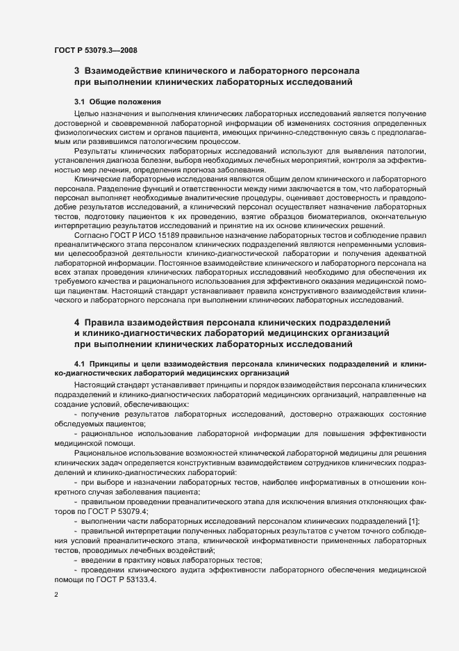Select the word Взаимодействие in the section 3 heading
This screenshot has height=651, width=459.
click(x=119, y=71)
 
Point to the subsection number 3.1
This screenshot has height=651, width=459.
click(x=80, y=102)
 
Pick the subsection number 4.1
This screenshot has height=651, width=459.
click(x=80, y=364)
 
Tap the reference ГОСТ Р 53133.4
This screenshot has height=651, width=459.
click(x=130, y=579)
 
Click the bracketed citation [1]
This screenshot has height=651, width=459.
click(x=415, y=521)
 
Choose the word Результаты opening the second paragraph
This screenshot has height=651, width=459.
click(x=95, y=151)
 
